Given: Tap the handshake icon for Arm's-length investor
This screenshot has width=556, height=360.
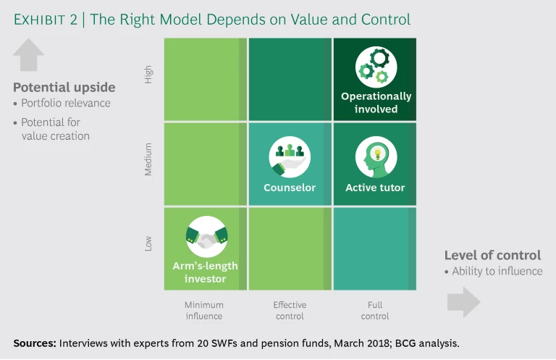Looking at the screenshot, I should pos(206,235).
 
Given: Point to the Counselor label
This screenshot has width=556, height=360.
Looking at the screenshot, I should pos(290,188).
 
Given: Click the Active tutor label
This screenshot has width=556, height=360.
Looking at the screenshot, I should pos(375,188).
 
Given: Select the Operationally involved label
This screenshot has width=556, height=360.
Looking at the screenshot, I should pos(376,102).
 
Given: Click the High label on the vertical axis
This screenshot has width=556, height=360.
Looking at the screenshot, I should pos(149,75).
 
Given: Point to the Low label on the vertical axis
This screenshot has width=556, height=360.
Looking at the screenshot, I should pos(149,243).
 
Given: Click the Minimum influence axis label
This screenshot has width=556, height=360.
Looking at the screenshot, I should pos(204,310).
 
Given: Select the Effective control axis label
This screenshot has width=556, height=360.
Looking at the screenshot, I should pos(290,310).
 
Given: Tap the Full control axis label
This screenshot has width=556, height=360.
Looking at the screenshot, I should pos(375,310).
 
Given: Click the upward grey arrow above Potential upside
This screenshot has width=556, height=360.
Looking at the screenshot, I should pos(29,55).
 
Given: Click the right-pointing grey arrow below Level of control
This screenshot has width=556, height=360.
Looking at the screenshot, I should pos(463,302).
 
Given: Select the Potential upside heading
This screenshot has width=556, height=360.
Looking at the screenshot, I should pos(64,88).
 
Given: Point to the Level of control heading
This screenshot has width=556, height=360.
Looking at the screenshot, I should pos(492,255).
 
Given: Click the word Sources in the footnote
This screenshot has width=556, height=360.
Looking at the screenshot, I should pos(34,343).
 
